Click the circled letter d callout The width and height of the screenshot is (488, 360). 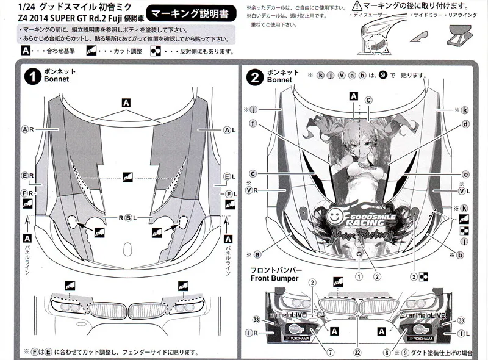coord(465,124)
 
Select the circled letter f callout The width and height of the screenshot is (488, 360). coord(253,124)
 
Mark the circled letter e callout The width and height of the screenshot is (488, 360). coord(465,174)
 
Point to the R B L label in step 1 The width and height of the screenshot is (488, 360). coord(128,218)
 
